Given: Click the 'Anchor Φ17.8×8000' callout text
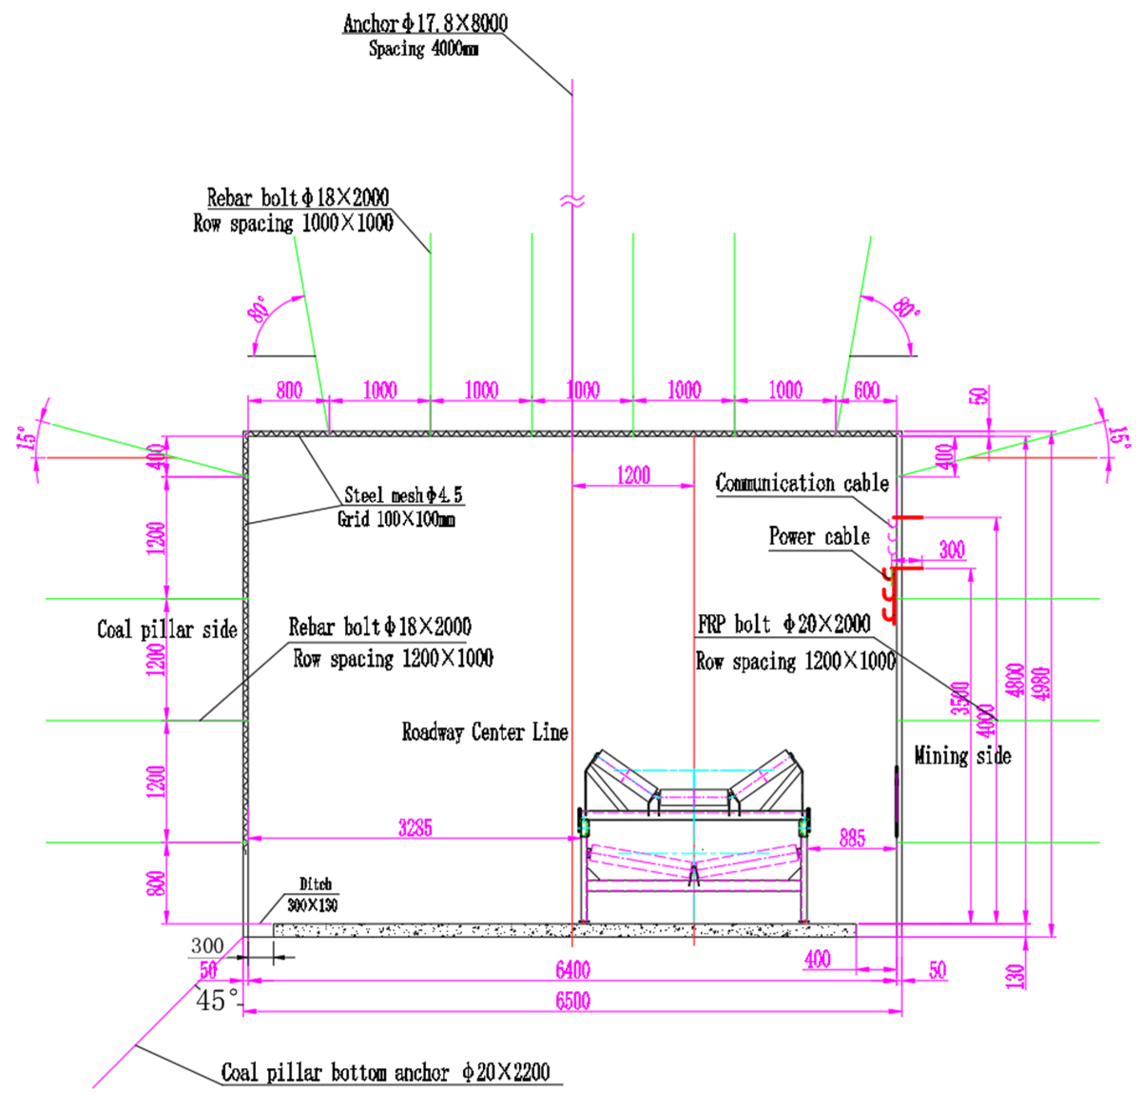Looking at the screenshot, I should click(x=425, y=23).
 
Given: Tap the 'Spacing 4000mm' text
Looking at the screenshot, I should click(x=424, y=49).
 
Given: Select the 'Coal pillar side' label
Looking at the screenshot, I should click(x=167, y=629).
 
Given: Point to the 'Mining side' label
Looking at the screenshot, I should click(x=963, y=756).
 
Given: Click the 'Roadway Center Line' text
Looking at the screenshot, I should click(x=484, y=732).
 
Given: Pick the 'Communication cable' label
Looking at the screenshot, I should click(x=802, y=483).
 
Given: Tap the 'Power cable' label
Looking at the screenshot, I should click(x=819, y=536).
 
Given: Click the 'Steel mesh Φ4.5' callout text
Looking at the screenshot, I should click(x=403, y=495).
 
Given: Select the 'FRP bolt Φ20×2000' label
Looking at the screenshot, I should click(x=784, y=624).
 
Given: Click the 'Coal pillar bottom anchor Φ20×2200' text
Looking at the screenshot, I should click(x=385, y=1072).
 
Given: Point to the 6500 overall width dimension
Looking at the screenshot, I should click(x=573, y=1001).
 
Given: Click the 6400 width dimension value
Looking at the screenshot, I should click(x=573, y=970).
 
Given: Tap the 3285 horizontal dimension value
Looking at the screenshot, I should click(x=415, y=827).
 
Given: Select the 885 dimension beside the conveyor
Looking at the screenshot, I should click(x=852, y=838).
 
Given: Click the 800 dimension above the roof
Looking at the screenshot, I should click(x=289, y=390).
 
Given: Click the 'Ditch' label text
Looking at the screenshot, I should click(x=315, y=884).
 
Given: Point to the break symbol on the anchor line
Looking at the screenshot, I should click(x=572, y=201).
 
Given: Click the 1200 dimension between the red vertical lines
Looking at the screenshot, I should click(x=633, y=475).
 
